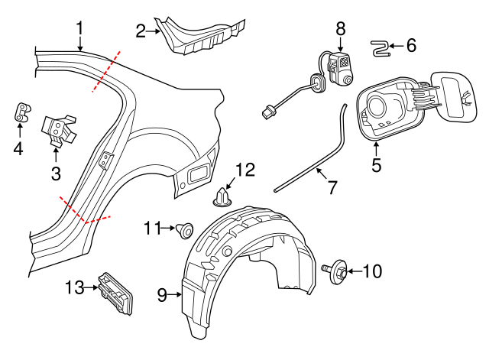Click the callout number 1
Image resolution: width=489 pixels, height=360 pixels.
click(80, 30)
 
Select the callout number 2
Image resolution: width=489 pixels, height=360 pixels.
click(141, 31)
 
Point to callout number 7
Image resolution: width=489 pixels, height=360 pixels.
click(332, 186)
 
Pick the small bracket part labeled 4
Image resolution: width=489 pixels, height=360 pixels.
click(21, 112)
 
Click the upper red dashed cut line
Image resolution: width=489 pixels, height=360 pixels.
click(105, 72)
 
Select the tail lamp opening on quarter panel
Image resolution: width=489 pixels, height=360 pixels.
click(197, 173)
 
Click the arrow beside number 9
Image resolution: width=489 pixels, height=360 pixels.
click(175, 294)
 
